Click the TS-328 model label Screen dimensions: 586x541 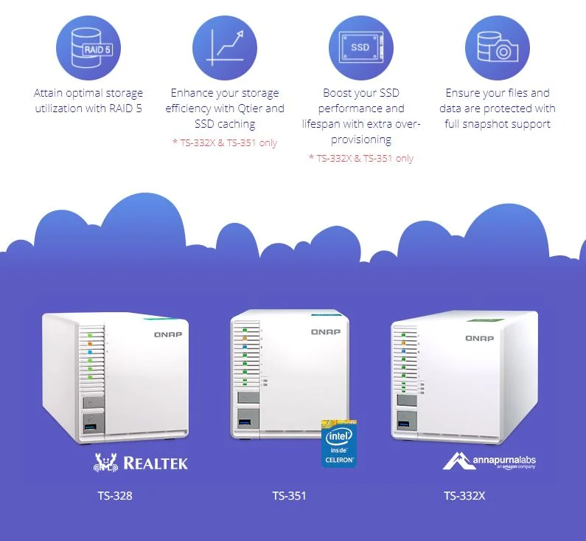[x=114, y=495]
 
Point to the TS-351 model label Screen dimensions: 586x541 [x=289, y=495]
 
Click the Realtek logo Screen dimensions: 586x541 [x=142, y=463]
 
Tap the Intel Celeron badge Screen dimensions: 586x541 [x=339, y=443]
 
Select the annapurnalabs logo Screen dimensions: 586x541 [x=489, y=462]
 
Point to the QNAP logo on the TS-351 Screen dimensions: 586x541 [x=325, y=332]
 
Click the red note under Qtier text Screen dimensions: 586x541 [x=224, y=142]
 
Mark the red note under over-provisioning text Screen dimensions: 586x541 [x=360, y=158]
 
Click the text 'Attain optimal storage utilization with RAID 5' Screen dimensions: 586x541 [x=88, y=101]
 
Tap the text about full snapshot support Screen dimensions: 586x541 [x=498, y=108]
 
